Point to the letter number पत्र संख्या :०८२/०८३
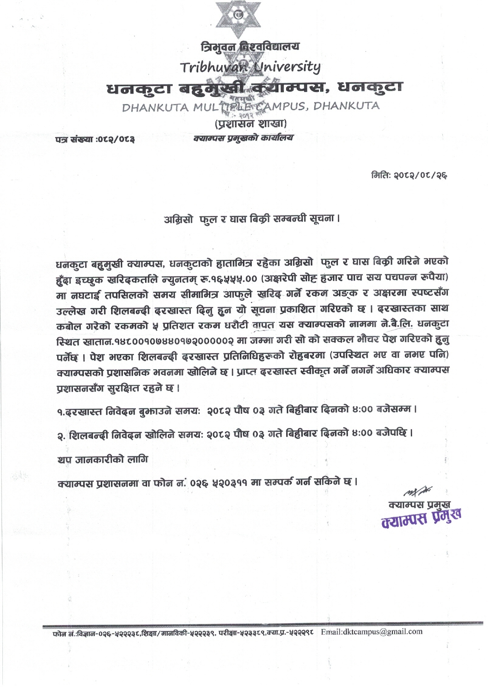coord(95,140)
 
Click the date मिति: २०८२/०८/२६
coord(409,176)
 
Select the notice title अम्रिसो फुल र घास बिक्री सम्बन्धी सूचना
coord(251,219)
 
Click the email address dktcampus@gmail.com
coord(371,631)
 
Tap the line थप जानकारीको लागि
coord(103,460)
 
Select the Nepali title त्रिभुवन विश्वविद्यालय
coord(250,47)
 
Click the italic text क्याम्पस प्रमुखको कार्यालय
coord(243,138)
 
